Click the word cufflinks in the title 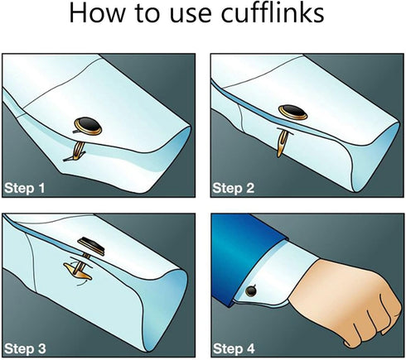(273, 13)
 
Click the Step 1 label (25, 188)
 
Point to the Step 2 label (234, 188)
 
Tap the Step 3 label (25, 348)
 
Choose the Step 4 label (234, 348)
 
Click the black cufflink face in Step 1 (89, 126)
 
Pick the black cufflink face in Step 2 (292, 112)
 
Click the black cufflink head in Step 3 (91, 245)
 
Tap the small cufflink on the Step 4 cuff (251, 290)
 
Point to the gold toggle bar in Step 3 (77, 272)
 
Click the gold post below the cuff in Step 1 (77, 151)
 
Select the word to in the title (147, 14)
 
